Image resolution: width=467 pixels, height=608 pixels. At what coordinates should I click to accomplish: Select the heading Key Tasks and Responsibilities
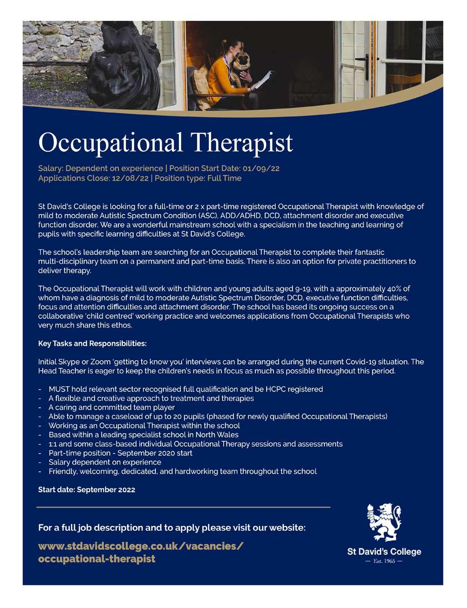click(92, 343)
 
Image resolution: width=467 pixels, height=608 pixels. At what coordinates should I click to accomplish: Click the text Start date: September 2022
click(87, 489)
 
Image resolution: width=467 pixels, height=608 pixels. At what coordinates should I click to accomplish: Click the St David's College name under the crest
click(384, 552)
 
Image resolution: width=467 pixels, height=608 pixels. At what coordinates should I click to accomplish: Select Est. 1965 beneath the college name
click(384, 561)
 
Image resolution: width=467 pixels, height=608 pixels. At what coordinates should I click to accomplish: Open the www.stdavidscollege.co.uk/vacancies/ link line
click(141, 545)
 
